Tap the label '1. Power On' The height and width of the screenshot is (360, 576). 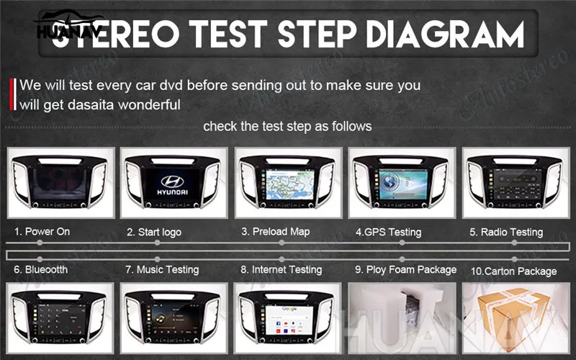[42, 232]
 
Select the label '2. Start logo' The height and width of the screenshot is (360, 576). [154, 233]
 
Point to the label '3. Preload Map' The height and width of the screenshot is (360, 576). [275, 232]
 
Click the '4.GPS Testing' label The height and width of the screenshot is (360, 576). [388, 233]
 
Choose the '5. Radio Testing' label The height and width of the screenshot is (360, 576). [506, 233]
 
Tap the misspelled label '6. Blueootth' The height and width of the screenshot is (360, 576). [40, 269]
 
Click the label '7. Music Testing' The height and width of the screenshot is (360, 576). [162, 269]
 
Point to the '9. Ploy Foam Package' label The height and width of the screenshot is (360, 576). [405, 269]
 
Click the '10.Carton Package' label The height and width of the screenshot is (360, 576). [513, 271]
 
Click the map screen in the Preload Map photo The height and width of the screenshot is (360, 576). [287, 184]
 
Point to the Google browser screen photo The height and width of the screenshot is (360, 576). [287, 317]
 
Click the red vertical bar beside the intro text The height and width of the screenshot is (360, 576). [14, 94]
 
